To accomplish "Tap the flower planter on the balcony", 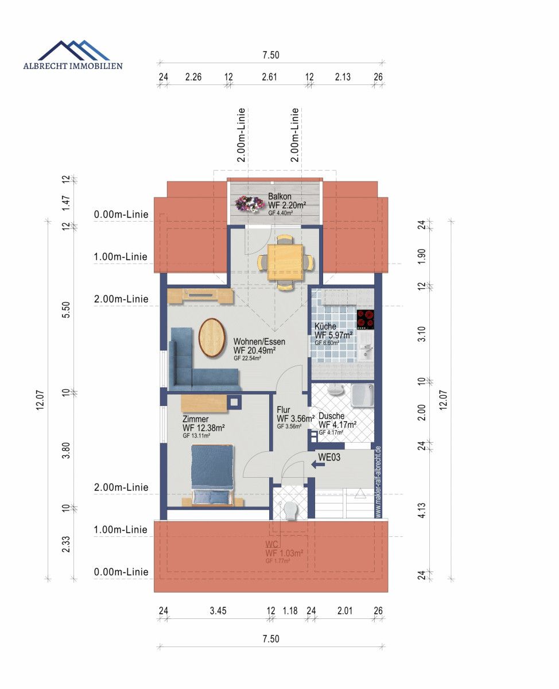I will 247,203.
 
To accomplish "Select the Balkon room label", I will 279,196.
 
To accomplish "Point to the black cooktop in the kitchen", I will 365,319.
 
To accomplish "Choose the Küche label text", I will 325,326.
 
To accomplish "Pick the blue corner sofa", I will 195,362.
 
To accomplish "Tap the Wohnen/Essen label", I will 259,342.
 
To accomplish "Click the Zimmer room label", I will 196,419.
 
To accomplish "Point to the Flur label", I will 283,410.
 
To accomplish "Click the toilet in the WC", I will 291,509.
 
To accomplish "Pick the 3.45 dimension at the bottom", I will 218,611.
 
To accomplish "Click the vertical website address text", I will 378,482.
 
